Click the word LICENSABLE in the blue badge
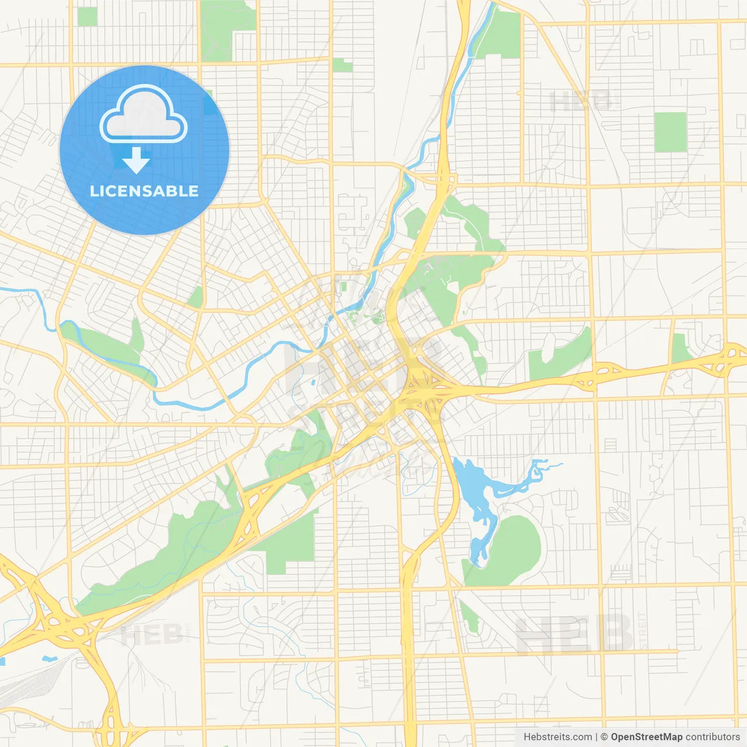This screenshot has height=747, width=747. tap(144, 191)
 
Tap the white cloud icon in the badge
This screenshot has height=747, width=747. tap(144, 115)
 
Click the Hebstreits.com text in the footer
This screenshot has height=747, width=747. tap(557, 737)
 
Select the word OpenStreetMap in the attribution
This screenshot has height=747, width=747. tap(646, 737)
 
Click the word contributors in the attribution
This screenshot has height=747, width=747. tap(713, 737)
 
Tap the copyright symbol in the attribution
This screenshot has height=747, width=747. tap(604, 737)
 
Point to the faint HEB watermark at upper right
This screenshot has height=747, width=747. tap(580, 102)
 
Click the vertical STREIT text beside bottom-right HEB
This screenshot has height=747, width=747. tap(643, 630)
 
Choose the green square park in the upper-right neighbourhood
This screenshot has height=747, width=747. tap(670, 132)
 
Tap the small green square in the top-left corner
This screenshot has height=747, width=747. tap(87, 16)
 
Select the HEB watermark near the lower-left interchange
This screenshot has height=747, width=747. tap(152, 634)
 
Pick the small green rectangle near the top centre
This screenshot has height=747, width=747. tap(343, 65)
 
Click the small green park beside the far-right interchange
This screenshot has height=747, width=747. tap(680, 349)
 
